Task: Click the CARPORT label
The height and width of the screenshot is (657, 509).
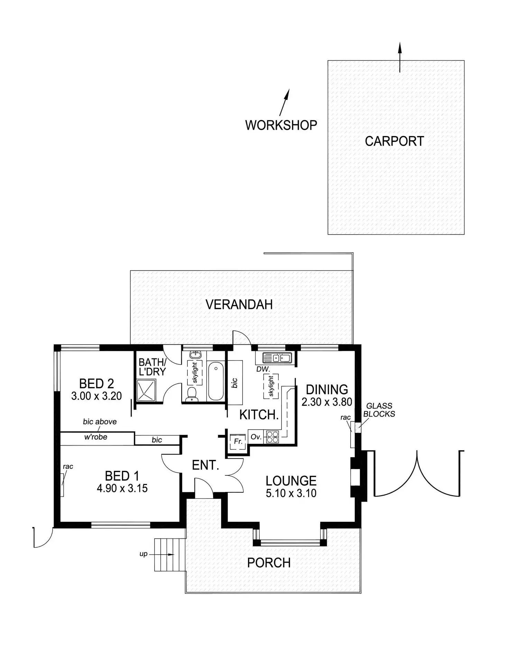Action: (394, 141)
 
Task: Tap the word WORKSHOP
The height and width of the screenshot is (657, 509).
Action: (281, 125)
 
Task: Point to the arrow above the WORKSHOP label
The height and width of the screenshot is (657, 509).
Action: (284, 102)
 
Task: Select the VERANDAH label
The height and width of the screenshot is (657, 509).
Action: (239, 304)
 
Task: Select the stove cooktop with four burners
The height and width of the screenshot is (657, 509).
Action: (272, 436)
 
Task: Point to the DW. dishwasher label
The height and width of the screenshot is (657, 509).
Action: (263, 369)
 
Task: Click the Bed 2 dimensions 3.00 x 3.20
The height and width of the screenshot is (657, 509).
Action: (96, 396)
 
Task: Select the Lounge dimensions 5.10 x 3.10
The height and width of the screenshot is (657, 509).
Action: (291, 493)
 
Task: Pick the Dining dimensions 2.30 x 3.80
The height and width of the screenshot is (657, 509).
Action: (327, 402)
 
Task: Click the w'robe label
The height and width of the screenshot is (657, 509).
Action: (95, 437)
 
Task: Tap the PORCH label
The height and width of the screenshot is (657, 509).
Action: (269, 563)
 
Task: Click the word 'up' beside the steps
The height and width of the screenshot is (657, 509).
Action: (143, 554)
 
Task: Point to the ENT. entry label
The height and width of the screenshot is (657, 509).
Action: (205, 465)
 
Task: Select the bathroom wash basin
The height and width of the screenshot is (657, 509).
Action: (196, 354)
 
